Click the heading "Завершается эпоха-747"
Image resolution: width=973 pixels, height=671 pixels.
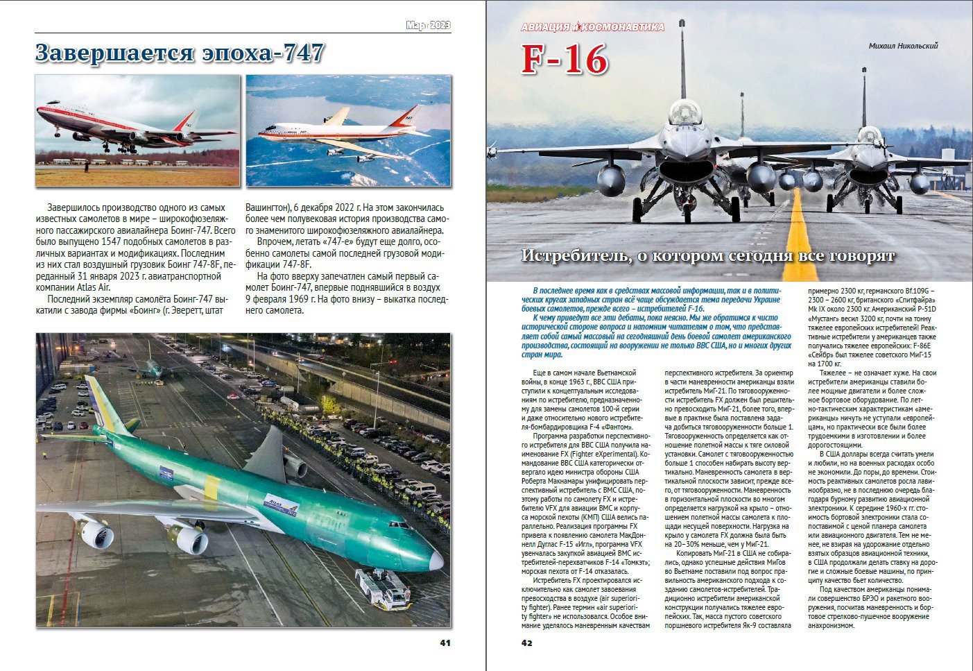point(180,53)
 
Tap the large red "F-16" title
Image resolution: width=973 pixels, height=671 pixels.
point(565,60)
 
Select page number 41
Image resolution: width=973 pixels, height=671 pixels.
point(445,643)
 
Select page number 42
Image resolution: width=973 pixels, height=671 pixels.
point(527,643)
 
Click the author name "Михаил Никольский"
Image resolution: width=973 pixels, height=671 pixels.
point(903,46)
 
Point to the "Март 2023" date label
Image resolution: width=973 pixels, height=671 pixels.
point(428,26)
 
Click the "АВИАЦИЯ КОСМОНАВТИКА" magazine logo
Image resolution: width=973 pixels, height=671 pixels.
point(592,27)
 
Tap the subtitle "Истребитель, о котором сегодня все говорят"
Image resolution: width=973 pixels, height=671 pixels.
point(707,255)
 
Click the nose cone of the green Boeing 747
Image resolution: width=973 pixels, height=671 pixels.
point(436,560)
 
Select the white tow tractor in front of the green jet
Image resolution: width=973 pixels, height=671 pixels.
point(382,588)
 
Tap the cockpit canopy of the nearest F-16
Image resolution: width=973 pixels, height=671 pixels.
point(684,111)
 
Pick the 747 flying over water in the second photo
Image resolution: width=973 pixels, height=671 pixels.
point(340,131)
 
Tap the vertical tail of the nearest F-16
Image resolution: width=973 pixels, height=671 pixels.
point(683,56)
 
